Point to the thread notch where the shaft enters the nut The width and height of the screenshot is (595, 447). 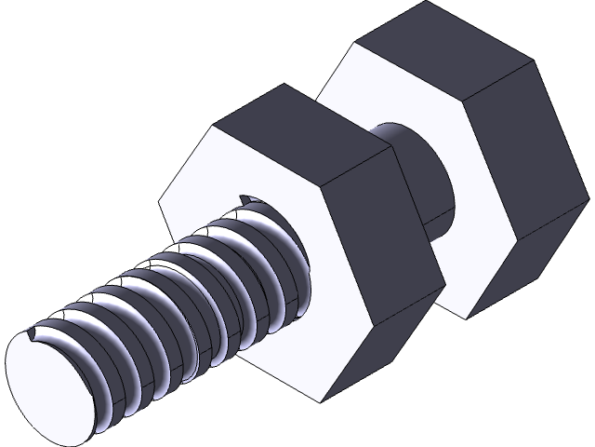pyautogui.click(x=247, y=198)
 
